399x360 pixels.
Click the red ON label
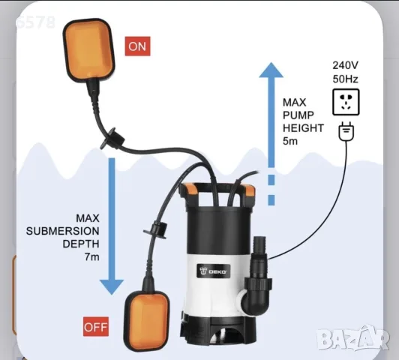click(137, 46)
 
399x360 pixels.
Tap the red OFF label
click(96, 327)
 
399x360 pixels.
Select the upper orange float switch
click(88, 50)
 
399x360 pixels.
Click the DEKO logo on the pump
click(213, 271)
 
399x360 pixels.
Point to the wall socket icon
click(346, 102)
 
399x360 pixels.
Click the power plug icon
click(346, 131)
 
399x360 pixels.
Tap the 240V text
click(345, 65)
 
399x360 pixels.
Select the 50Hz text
click(345, 79)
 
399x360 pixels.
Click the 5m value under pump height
click(290, 141)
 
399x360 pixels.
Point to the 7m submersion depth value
click(91, 257)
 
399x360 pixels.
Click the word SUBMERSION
click(62, 231)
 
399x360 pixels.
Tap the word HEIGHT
click(303, 128)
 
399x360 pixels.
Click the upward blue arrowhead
click(271, 70)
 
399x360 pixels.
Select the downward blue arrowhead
click(112, 287)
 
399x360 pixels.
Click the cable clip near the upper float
click(112, 138)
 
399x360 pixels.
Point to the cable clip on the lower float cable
click(156, 229)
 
